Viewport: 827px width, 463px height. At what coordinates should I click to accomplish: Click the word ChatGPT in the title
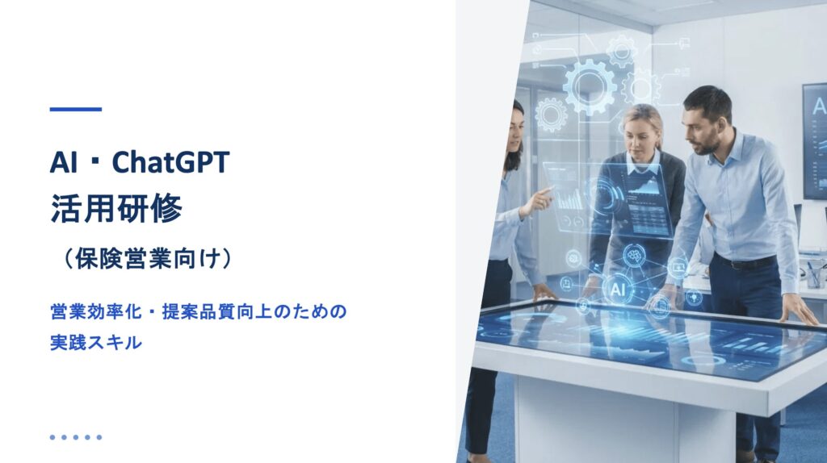coord(171,161)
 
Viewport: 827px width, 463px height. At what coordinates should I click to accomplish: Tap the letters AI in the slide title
coord(63,162)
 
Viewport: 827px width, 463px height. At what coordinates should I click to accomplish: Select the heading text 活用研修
coord(116,209)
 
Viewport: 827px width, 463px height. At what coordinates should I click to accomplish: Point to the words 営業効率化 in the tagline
coord(96,311)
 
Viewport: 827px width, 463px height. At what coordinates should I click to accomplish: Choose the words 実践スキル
coord(96,343)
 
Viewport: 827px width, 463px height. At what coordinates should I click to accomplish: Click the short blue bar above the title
coord(75,110)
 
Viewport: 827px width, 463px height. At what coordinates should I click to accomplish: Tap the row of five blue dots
coord(75,437)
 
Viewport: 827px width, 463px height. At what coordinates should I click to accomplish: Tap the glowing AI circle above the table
coord(618,290)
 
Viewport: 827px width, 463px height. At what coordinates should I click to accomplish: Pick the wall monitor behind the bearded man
coord(814,140)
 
